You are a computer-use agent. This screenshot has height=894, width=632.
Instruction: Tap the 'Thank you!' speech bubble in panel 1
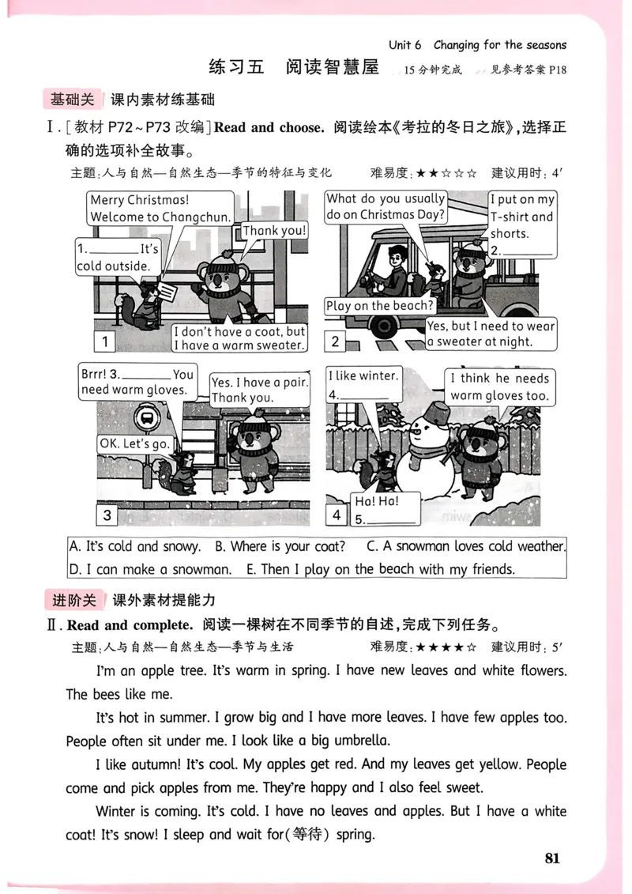(x=273, y=231)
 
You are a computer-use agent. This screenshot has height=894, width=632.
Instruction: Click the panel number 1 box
(x=104, y=341)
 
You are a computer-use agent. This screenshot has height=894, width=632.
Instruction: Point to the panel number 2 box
(x=336, y=341)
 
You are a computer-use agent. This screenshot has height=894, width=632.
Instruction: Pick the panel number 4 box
(x=337, y=515)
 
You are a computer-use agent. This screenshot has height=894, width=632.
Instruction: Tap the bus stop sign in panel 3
(x=145, y=417)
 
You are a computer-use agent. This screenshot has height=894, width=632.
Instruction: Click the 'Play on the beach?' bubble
(x=379, y=306)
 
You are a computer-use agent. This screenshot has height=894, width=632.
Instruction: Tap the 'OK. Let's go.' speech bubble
(x=134, y=444)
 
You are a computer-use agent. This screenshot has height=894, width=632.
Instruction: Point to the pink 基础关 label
(x=72, y=100)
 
